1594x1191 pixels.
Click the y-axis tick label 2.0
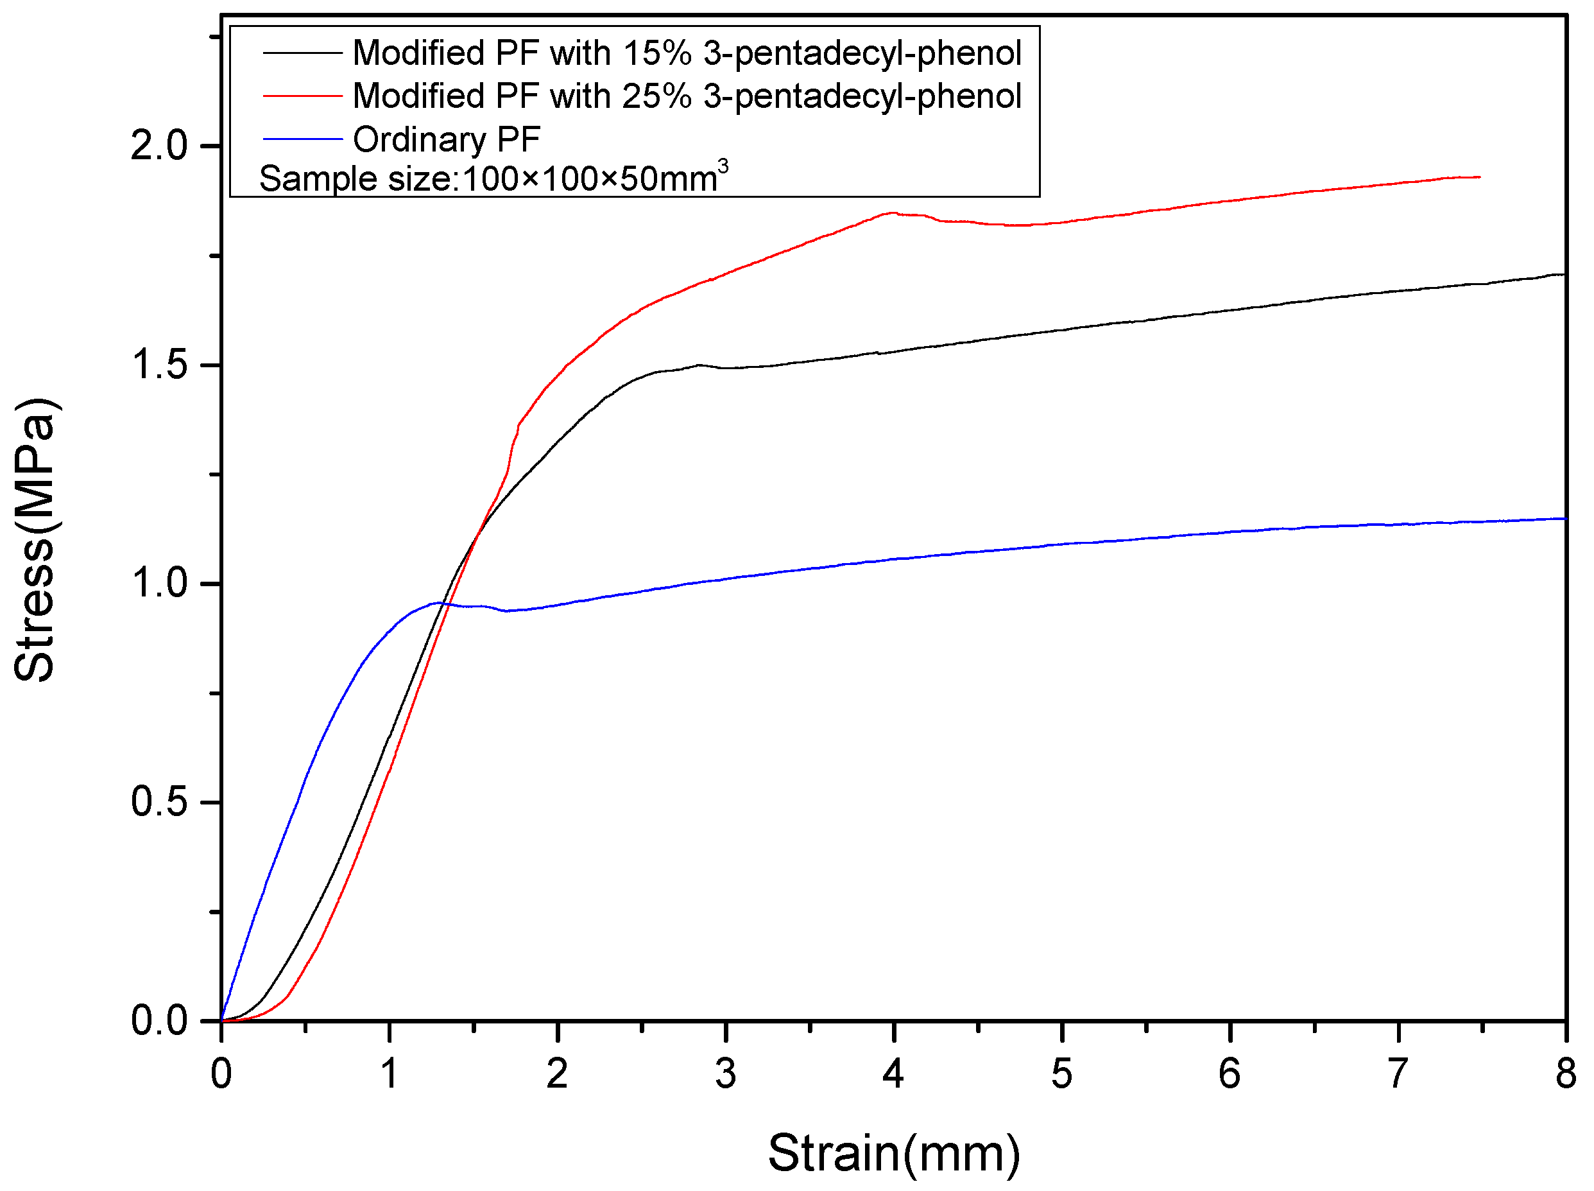(x=159, y=146)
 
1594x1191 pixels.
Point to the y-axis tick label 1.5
(x=159, y=365)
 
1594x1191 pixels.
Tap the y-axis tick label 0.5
(x=159, y=802)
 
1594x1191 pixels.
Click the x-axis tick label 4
(x=893, y=1074)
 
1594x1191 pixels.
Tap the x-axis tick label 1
(x=389, y=1074)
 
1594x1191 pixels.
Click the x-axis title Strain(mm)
(x=893, y=1151)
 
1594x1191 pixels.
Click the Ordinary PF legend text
(x=446, y=139)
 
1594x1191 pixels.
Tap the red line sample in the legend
(x=302, y=95)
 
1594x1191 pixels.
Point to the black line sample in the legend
(x=302, y=53)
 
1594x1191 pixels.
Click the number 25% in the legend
(x=656, y=95)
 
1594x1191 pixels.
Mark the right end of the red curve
(x=1478, y=177)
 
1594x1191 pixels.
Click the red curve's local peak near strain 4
(x=893, y=213)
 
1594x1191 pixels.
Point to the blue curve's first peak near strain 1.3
(x=438, y=603)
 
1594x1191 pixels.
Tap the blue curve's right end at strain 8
(x=1564, y=518)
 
